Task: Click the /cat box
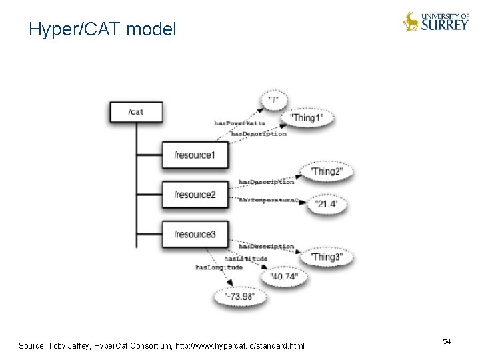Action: coord(136,111)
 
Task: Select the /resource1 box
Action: coord(195,155)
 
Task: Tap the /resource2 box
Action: coord(195,195)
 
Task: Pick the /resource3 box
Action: coord(195,234)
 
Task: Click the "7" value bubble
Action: coord(274,100)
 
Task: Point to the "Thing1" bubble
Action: coord(307,118)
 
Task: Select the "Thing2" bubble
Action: coord(327,171)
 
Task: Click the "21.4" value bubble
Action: coord(327,203)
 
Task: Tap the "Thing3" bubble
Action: coord(327,257)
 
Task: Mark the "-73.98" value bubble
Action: coord(239,296)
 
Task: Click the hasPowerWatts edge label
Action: coord(239,123)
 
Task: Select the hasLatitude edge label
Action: coord(246,259)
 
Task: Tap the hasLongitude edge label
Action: coord(219,267)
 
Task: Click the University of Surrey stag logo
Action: coord(411,22)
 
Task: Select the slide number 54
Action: coord(447,341)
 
